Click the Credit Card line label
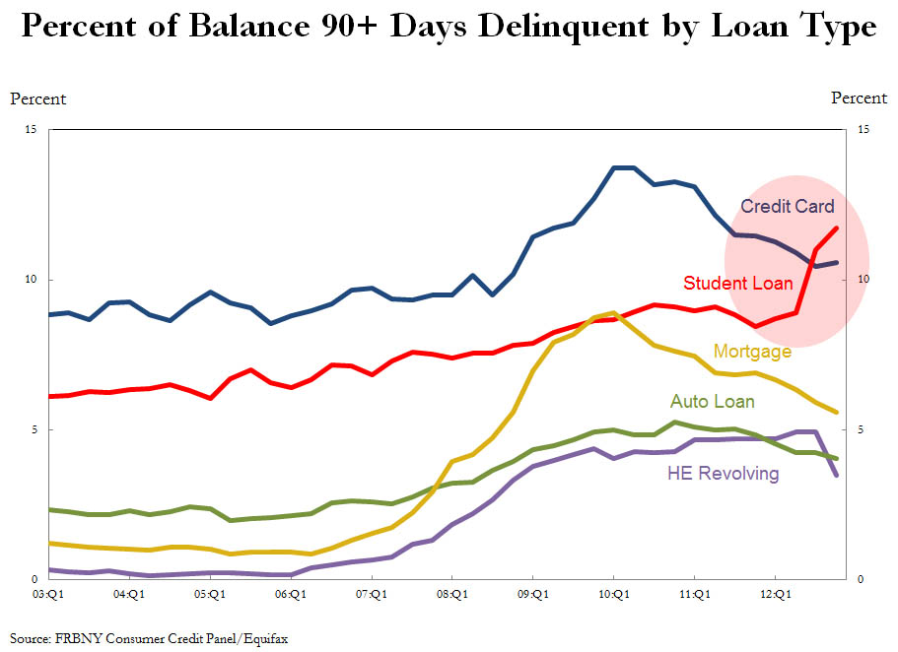point(787,207)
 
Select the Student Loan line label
point(737,284)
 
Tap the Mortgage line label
point(752,352)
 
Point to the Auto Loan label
point(712,402)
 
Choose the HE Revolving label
point(723,474)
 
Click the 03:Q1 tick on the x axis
point(48,594)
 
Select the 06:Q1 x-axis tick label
point(291,594)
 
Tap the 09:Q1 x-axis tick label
point(533,594)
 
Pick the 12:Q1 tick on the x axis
point(776,594)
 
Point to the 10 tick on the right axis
point(863,280)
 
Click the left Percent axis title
point(38,98)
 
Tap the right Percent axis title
point(859,98)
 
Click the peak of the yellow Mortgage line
point(614,312)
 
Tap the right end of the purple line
point(837,476)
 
